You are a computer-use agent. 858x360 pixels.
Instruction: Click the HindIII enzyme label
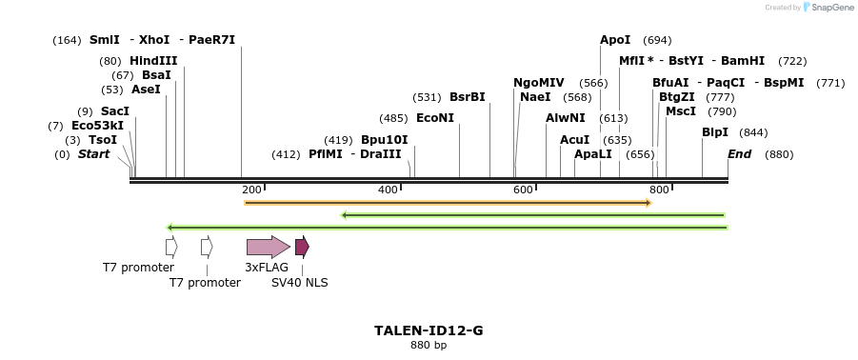tap(153, 61)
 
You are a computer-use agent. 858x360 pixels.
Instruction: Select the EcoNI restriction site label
tap(435, 118)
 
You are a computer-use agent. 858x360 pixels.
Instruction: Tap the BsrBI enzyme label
tap(468, 97)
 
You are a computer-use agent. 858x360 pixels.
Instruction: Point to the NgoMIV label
tap(539, 83)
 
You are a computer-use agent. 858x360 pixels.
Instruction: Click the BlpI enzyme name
tap(715, 132)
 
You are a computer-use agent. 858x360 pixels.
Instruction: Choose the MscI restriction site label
tap(681, 111)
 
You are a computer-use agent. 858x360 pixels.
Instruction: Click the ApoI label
tap(615, 40)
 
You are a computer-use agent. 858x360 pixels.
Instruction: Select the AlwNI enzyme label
tap(566, 118)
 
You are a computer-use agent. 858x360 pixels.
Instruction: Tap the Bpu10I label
tap(384, 140)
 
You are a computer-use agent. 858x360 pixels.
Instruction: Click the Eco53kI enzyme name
tap(97, 126)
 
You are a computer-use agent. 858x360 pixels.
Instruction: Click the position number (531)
tap(427, 97)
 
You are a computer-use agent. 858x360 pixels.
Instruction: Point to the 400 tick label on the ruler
tap(388, 190)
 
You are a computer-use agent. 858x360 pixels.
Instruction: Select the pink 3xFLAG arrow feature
tap(268, 248)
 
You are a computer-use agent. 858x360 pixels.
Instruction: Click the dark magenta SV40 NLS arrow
tap(302, 248)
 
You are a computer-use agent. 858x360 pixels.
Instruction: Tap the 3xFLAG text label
tap(267, 268)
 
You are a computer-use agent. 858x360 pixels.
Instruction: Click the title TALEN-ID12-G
tap(429, 330)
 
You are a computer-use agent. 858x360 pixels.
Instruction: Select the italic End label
tap(740, 154)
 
